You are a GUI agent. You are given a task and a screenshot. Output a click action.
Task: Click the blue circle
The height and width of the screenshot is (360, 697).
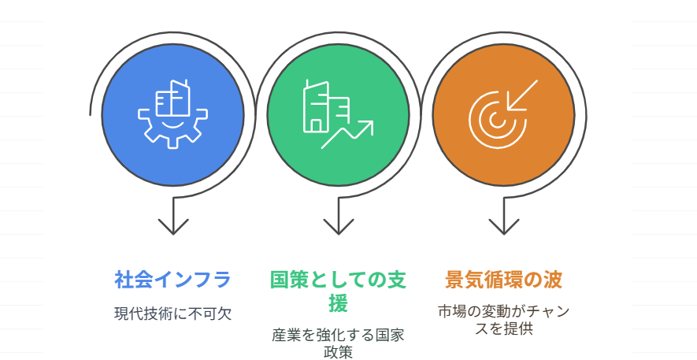172,115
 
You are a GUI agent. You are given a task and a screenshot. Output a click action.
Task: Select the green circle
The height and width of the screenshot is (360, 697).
338,115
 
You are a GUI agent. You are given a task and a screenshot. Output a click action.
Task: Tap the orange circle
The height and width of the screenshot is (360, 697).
503,115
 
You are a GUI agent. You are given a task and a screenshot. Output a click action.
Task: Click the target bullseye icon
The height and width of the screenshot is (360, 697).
498,119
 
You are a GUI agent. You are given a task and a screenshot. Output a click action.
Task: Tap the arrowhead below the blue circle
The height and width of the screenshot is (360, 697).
173,226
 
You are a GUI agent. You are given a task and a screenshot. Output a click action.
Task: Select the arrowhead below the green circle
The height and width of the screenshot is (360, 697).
339,226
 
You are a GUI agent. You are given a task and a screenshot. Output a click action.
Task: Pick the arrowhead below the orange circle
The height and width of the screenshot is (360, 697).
503,226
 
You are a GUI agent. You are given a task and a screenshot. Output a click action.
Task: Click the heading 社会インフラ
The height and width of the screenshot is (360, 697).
173,280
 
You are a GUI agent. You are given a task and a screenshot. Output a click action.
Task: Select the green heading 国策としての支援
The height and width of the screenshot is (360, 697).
339,292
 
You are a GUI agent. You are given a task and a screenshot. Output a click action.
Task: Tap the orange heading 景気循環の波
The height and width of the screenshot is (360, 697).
503,280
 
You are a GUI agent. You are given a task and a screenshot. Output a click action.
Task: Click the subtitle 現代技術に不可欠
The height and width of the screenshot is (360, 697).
173,314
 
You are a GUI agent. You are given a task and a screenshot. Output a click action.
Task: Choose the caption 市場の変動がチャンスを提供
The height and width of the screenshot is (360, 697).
503,320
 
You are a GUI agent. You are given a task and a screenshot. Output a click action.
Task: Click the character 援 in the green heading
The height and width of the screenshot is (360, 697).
339,304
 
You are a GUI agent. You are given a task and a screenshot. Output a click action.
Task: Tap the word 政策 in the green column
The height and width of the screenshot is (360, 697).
339,352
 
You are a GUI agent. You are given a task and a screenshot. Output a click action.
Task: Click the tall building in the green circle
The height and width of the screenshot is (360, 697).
316,106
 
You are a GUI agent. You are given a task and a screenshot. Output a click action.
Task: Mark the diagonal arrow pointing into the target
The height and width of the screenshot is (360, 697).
522,95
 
